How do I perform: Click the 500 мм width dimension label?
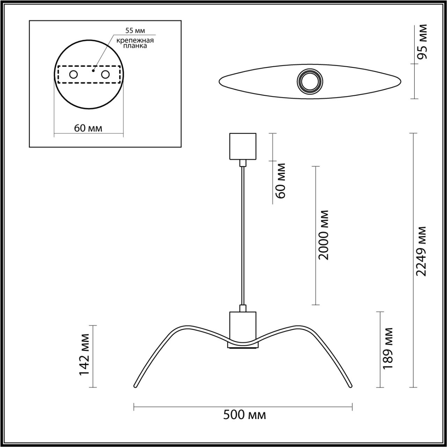pos(244,415)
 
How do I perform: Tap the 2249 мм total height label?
pos(422,251)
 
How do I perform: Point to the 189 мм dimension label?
pos(388,348)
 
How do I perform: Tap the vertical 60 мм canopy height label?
pos(281,181)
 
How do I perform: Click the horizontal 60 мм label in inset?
pos(88,128)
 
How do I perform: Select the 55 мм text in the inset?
pos(135,31)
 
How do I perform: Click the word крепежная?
pos(135,40)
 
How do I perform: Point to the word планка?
pos(135,46)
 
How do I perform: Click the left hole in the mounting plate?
pos(73,74)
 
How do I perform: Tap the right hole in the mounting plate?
pos(105,74)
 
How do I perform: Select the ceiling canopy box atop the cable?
pos(242,146)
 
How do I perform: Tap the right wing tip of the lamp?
pos(350,386)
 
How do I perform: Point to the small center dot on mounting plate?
pos(93,70)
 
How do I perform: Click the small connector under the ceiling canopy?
pos(242,163)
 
